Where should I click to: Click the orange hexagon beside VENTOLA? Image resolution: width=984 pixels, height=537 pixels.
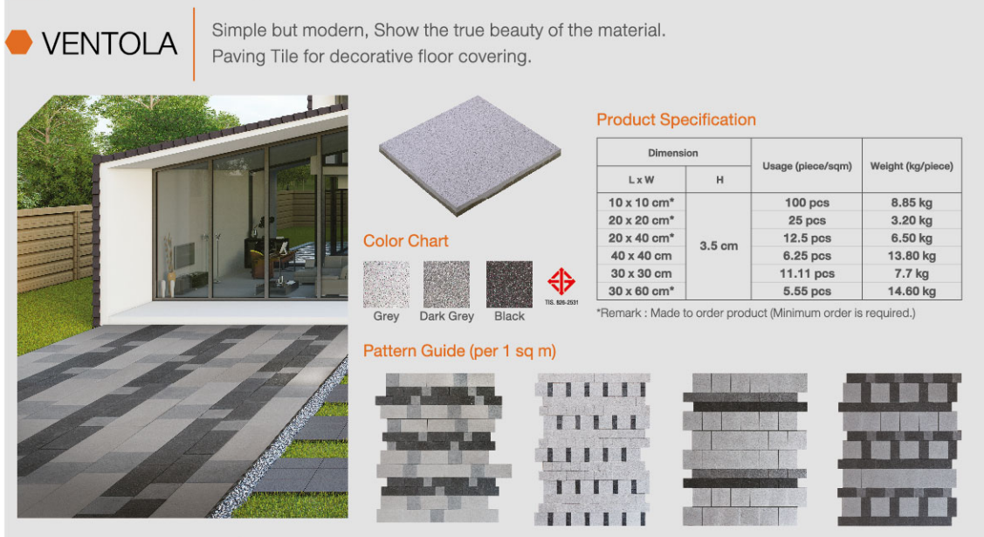tap(18, 43)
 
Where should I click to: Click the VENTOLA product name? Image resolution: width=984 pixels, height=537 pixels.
tap(109, 43)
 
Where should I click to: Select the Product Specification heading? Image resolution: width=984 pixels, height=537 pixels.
tap(676, 120)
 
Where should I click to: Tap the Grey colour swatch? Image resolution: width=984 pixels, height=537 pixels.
tap(385, 284)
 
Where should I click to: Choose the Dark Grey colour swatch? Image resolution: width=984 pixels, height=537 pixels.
tap(446, 284)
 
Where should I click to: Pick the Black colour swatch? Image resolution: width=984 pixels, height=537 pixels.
tap(509, 284)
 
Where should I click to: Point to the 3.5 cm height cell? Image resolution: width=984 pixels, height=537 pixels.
tap(719, 246)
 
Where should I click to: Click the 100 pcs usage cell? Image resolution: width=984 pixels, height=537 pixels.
tap(807, 203)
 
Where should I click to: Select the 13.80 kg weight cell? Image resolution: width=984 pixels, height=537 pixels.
tap(912, 256)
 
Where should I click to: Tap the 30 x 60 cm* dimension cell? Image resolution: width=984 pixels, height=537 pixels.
tap(642, 292)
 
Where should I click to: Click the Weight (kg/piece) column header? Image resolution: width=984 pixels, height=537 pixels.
tap(912, 166)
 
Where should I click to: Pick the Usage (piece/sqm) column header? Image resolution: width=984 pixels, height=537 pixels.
tap(807, 166)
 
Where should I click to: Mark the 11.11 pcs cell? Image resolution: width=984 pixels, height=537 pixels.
tap(807, 273)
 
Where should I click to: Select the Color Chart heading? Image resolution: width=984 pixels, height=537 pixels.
tap(406, 241)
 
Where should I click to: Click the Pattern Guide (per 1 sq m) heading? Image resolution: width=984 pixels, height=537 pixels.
tap(459, 352)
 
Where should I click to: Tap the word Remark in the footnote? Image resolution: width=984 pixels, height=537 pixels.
tap(623, 313)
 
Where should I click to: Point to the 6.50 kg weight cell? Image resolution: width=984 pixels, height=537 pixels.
tap(912, 238)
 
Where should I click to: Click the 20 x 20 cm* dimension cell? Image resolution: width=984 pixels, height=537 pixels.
tap(642, 220)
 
